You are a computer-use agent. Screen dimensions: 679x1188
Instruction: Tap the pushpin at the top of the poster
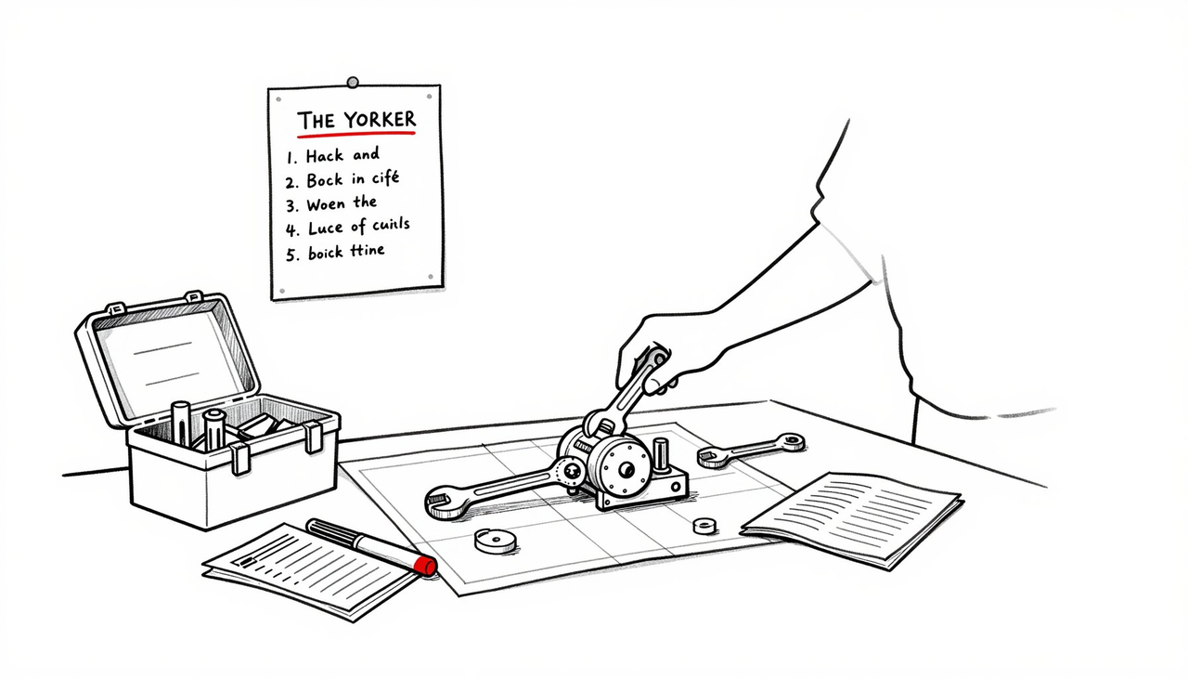[x=352, y=83]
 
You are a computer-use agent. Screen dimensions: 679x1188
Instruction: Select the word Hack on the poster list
[x=325, y=156]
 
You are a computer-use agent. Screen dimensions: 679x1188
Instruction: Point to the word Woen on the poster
[x=325, y=203]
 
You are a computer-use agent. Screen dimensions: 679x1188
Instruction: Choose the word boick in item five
[x=324, y=252]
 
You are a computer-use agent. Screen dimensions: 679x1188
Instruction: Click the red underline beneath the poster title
[x=355, y=136]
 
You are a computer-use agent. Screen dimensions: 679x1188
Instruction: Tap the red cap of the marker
[x=425, y=566]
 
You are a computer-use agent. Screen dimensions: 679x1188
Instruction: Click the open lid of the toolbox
[x=167, y=358]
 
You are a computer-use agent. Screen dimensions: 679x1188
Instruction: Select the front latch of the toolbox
[x=240, y=458]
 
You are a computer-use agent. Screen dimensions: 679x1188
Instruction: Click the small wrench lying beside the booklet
[x=752, y=450]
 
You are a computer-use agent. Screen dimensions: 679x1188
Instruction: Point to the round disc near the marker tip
[x=495, y=540]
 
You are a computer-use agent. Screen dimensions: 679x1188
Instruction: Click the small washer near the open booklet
[x=704, y=526]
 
